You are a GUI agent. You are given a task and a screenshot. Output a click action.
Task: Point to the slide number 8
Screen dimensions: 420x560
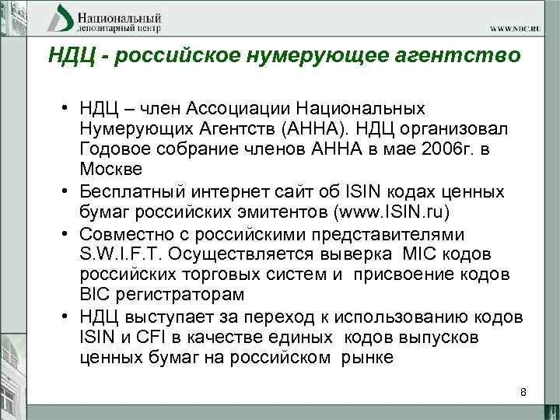(x=523, y=392)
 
